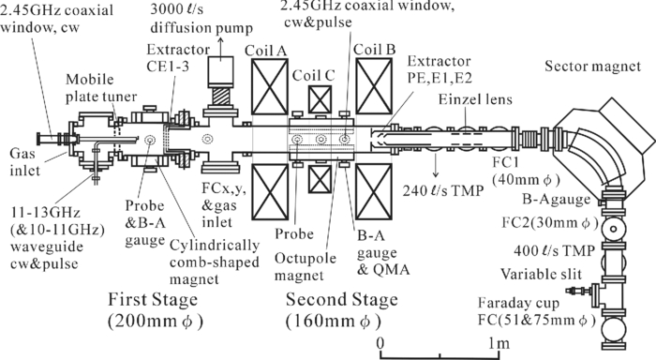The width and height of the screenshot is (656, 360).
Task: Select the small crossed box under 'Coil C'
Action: pyautogui.click(x=320, y=99)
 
